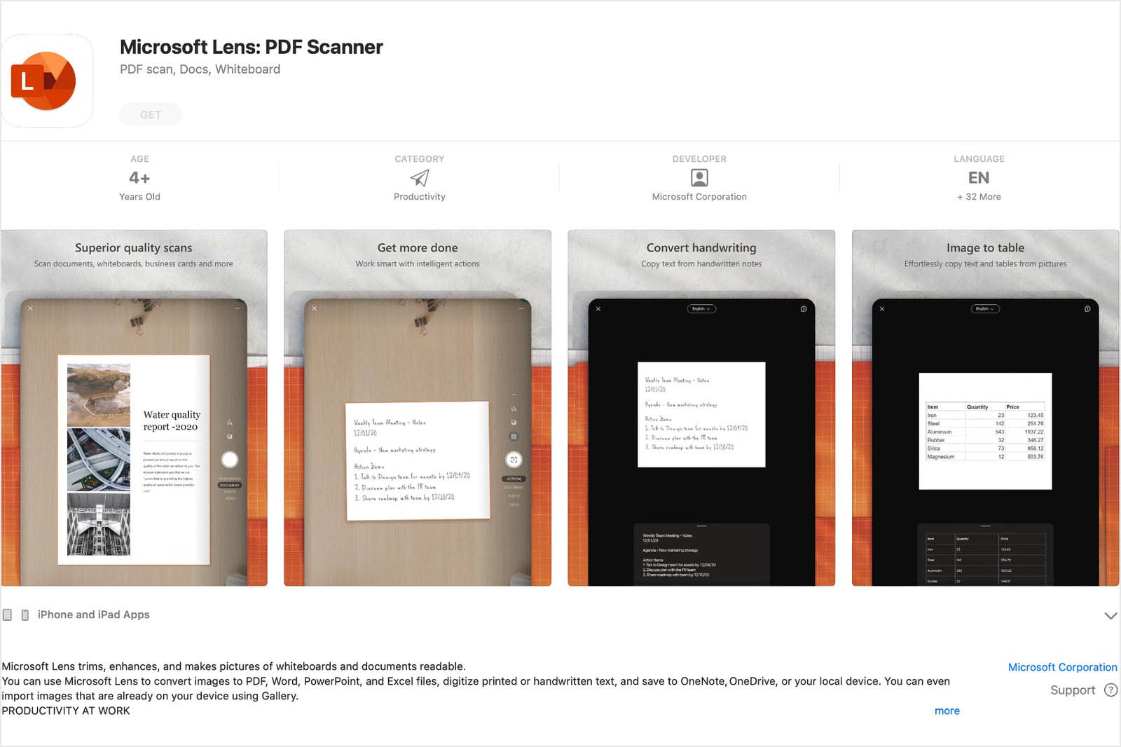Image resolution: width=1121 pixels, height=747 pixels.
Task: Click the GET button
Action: coord(151,115)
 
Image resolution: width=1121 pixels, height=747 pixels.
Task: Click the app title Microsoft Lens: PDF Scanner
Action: coord(251,47)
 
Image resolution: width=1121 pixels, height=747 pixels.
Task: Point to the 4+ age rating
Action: coord(139,178)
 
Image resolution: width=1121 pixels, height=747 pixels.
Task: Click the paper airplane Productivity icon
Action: coord(419,178)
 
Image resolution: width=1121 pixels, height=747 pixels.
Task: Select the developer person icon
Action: coord(699,178)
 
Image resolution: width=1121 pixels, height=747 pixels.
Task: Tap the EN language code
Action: coord(979,178)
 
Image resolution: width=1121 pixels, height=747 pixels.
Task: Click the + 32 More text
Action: coord(979,197)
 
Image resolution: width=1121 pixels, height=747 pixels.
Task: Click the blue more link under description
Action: coord(947,711)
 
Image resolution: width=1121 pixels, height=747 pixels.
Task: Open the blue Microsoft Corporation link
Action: coord(1062,667)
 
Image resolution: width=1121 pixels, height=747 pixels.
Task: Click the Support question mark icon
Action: coord(1110,690)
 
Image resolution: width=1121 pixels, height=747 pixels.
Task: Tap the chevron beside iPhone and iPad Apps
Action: coord(1110,615)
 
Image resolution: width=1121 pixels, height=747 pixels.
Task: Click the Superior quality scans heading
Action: coord(133,248)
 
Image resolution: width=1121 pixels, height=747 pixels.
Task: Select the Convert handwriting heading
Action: coord(701,248)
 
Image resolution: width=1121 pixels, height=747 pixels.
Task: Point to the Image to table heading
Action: coord(985,248)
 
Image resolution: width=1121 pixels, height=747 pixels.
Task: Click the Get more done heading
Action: coord(418,248)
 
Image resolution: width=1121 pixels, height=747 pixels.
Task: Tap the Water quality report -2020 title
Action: coord(172,420)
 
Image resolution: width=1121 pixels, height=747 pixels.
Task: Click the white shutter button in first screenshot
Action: coord(230,460)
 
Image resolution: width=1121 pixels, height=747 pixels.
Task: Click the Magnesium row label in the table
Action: coord(940,457)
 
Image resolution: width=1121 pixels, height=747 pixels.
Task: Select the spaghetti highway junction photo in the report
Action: coord(99,460)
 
